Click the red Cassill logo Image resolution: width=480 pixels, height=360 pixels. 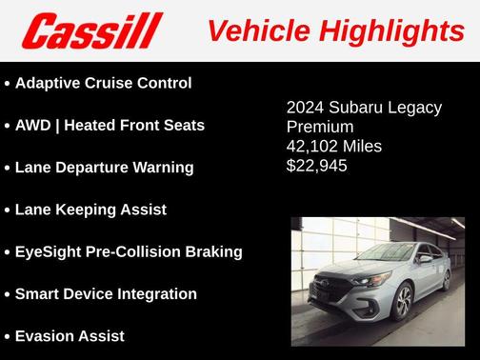pos(92,30)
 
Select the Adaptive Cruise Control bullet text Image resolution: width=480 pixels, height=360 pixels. pos(104,83)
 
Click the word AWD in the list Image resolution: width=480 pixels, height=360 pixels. pos(36,125)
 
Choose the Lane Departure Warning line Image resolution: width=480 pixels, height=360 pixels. pos(104,167)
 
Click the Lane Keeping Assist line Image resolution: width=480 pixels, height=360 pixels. pos(90,210)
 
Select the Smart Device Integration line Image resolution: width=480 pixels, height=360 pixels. pos(106,293)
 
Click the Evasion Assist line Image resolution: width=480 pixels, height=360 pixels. pos(70,335)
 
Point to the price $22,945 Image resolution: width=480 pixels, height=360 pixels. pos(317,166)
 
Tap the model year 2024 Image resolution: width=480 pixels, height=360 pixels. pos(307,107)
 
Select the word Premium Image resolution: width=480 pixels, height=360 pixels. pos(320,127)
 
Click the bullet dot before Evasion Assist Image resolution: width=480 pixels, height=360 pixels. pos(7,336)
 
